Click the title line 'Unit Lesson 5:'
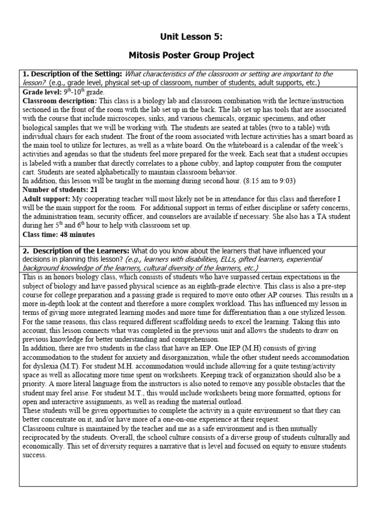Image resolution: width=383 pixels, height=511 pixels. click(191, 36)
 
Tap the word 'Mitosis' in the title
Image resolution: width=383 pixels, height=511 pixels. click(145, 55)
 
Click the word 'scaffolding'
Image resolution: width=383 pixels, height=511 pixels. click(182, 321)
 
